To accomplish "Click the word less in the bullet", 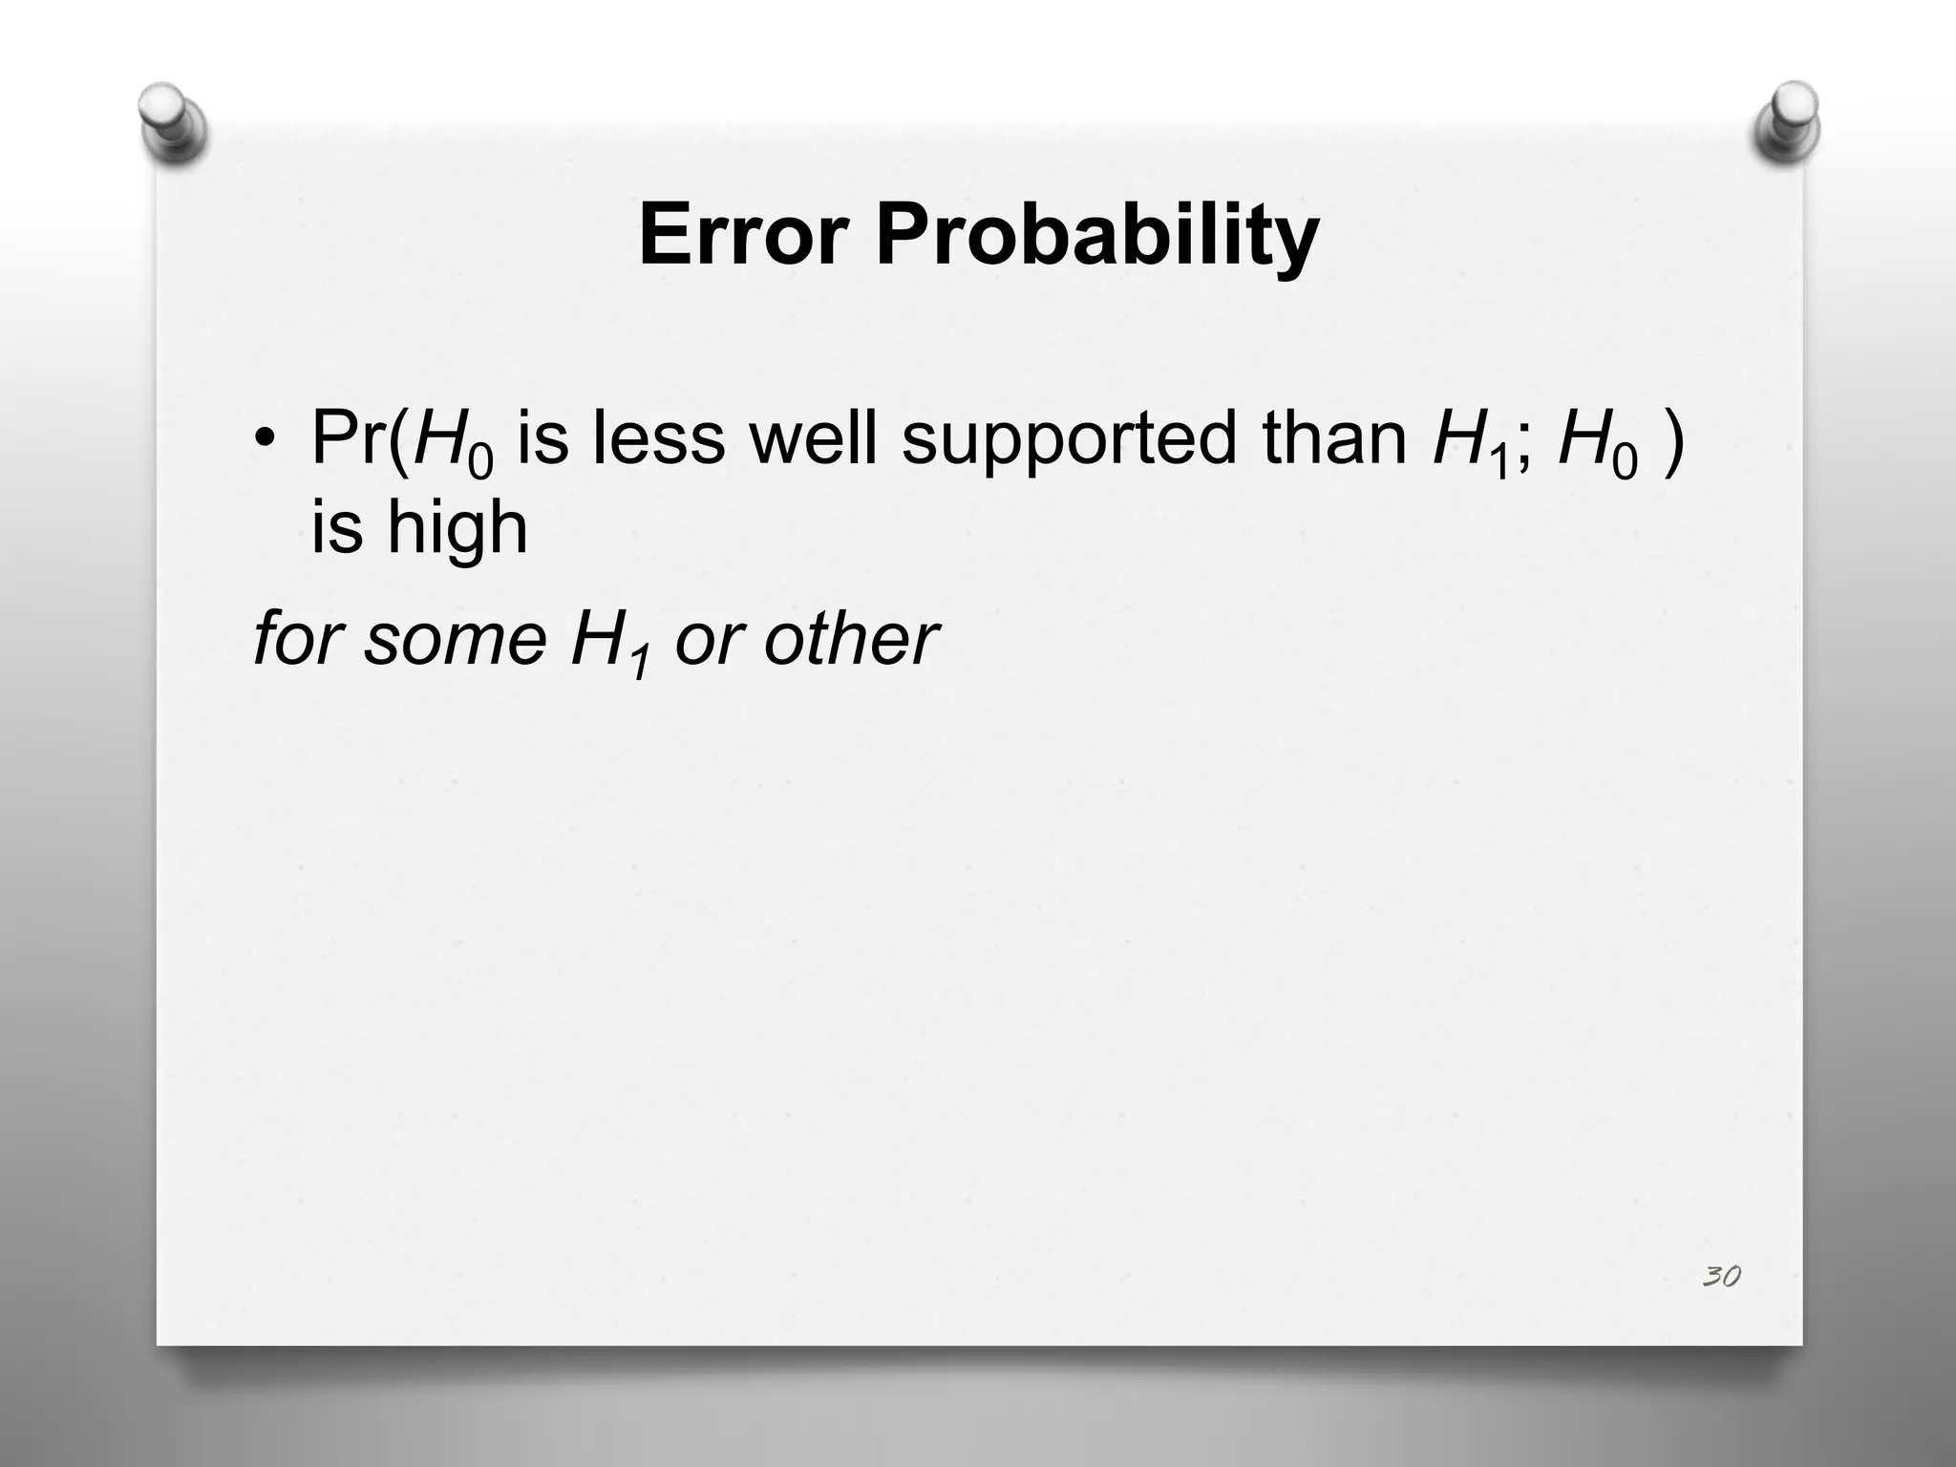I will tap(658, 437).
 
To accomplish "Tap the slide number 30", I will tap(1721, 1276).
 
